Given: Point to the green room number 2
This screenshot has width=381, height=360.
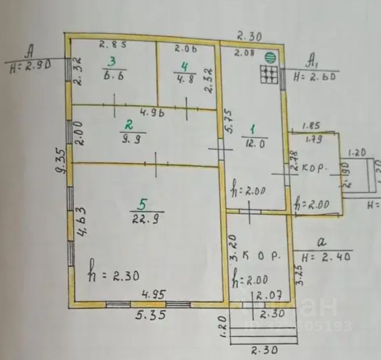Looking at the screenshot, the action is (130, 123).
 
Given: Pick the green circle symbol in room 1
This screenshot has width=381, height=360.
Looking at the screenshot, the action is (269, 57).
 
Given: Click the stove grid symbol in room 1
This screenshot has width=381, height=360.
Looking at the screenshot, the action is (268, 75).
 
